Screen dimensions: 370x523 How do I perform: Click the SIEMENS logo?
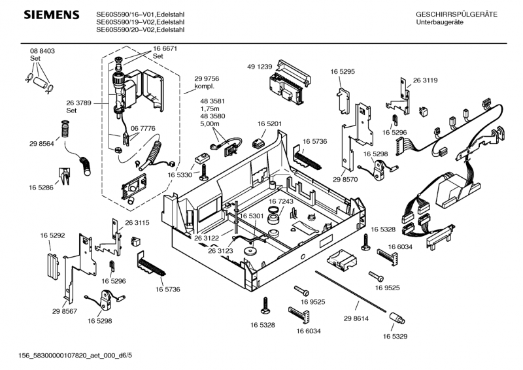(42, 15)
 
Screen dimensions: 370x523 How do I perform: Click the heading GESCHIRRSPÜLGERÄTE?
(456, 14)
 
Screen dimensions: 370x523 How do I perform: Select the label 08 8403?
(42, 51)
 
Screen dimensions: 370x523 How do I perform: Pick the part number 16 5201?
(269, 124)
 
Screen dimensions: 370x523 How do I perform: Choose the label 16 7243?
(281, 202)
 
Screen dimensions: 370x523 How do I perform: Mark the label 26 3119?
(426, 80)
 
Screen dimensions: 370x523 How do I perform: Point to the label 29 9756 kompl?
(207, 82)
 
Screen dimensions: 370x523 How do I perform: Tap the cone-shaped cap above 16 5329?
(397, 318)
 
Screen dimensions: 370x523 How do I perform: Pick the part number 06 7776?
(143, 129)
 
